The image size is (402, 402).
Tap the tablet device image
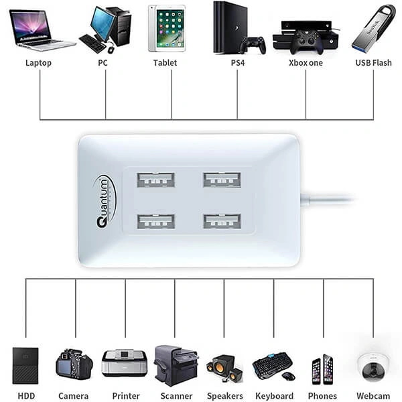(x=166, y=28)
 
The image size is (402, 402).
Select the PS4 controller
(x=253, y=45)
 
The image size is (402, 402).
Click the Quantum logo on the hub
(x=105, y=201)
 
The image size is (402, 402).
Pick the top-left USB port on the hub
(x=155, y=180)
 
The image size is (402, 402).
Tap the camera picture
(x=74, y=364)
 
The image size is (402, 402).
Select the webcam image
(x=373, y=365)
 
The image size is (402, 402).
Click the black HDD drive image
(x=25, y=365)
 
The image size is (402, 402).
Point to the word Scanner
(x=176, y=396)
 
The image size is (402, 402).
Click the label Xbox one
(x=306, y=63)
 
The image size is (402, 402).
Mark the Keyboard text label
(x=274, y=396)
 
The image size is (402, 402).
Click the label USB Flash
(x=373, y=63)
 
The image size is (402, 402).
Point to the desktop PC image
(x=107, y=30)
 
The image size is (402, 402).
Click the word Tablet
(x=165, y=63)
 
